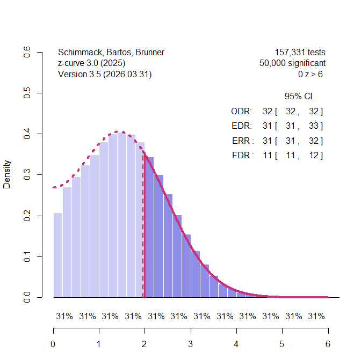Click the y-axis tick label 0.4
click(27, 134)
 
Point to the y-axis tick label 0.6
click(27, 53)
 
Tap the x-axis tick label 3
click(191, 344)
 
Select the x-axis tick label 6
click(328, 344)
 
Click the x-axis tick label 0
click(53, 344)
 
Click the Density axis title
click(8, 175)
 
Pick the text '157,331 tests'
click(300, 53)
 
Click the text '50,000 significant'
click(292, 63)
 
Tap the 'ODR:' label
click(241, 112)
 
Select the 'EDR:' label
click(241, 126)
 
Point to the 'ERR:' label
click(241, 141)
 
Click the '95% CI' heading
click(298, 97)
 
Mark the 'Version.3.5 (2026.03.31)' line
click(105, 75)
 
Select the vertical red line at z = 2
click(145, 241)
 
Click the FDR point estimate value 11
click(268, 156)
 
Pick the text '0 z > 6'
click(311, 75)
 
